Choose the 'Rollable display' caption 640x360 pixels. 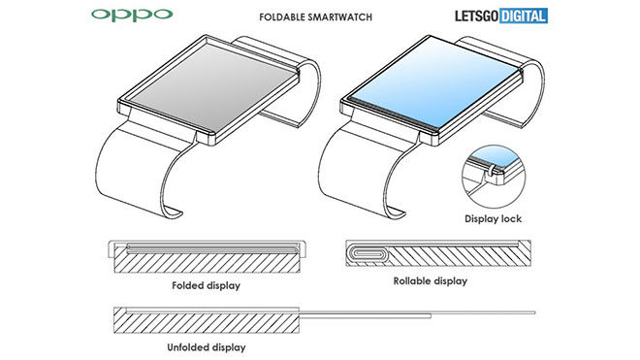430,281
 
